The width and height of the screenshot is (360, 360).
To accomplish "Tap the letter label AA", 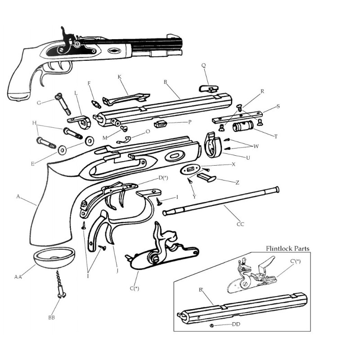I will click(x=18, y=277).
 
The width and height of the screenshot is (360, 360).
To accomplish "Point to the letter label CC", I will click(x=240, y=223).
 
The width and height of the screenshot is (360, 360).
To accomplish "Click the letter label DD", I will click(x=236, y=324).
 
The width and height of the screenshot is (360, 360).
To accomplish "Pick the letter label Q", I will click(x=203, y=65).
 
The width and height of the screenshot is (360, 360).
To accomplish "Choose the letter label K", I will click(x=120, y=77).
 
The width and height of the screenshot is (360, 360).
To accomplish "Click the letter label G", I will click(x=39, y=103).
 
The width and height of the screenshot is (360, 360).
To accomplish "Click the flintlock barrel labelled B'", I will click(x=243, y=306).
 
